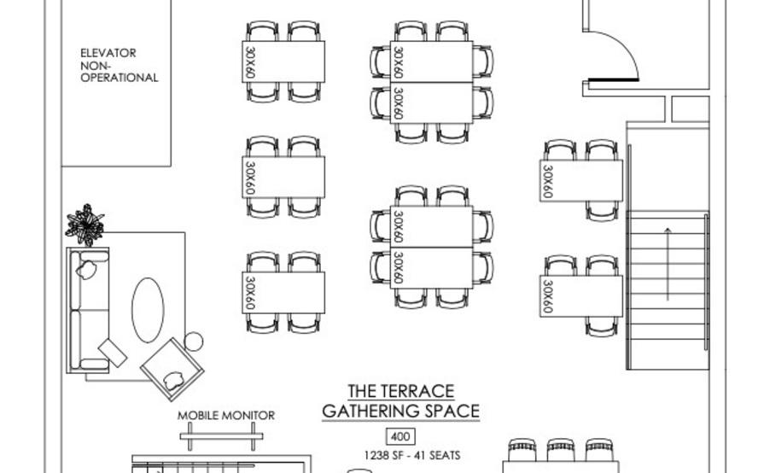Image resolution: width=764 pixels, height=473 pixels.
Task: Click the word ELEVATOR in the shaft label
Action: click(x=108, y=53)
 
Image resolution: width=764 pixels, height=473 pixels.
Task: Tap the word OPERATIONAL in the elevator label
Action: click(x=120, y=78)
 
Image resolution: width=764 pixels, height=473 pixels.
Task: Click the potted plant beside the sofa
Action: click(x=85, y=225)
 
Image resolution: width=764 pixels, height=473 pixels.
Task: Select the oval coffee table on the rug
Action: click(x=148, y=310)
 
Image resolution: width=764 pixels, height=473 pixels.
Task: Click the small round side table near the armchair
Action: click(x=194, y=342)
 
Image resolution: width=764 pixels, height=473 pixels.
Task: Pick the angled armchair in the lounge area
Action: click(x=172, y=370)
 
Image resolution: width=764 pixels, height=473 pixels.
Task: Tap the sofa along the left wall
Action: click(x=88, y=310)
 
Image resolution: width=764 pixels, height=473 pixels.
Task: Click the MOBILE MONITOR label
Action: click(x=226, y=416)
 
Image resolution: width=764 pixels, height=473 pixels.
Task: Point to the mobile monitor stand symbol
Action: click(x=222, y=436)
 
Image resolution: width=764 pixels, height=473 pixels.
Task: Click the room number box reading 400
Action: click(x=401, y=436)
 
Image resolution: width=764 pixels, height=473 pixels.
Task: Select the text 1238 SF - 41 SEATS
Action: click(x=412, y=455)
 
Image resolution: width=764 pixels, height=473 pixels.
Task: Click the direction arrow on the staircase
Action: click(x=668, y=264)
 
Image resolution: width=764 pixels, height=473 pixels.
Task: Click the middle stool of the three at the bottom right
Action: click(x=560, y=450)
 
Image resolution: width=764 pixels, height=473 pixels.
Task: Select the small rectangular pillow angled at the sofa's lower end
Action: click(x=113, y=353)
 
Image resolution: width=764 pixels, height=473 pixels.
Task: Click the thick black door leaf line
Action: click(x=614, y=79)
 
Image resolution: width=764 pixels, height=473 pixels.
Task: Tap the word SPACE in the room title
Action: click(x=452, y=412)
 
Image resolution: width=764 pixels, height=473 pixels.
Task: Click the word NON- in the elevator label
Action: click(x=96, y=65)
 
